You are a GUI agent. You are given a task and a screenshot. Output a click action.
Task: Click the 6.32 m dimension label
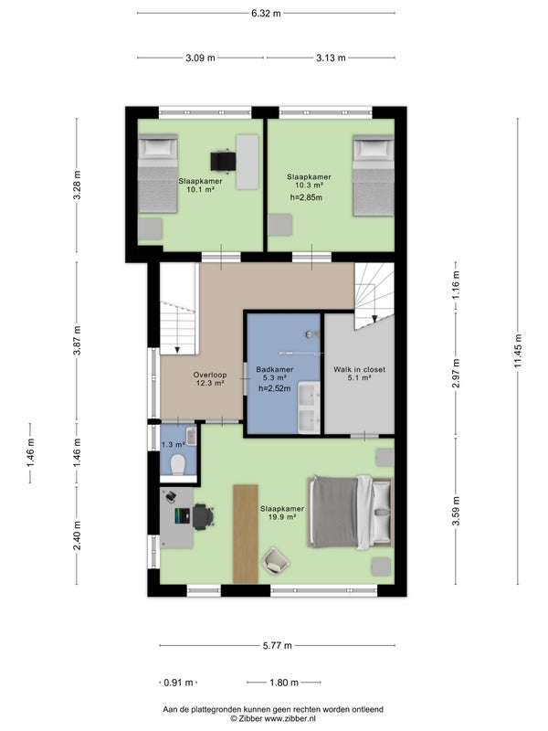(x=266, y=13)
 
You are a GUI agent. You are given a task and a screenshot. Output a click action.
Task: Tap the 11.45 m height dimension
(x=518, y=351)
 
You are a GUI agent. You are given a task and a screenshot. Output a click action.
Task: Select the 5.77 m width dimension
(x=278, y=645)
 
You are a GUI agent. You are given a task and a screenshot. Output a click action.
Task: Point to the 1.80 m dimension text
(x=284, y=683)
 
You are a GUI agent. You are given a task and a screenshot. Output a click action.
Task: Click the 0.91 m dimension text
(x=178, y=683)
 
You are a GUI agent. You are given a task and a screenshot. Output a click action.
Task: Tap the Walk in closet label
(x=359, y=370)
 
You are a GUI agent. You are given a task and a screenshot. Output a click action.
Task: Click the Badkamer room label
(x=275, y=370)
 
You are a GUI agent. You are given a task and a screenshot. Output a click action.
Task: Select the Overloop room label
(x=210, y=375)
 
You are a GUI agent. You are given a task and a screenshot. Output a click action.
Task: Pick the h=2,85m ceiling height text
(x=306, y=197)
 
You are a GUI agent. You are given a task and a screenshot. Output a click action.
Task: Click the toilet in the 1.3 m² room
(x=178, y=465)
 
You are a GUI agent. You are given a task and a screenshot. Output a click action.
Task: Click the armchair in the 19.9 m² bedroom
(x=276, y=560)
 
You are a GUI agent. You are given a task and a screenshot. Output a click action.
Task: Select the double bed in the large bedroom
(x=351, y=512)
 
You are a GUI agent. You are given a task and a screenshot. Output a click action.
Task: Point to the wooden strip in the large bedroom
(x=246, y=534)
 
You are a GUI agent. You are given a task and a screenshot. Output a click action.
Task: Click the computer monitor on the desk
(x=183, y=515)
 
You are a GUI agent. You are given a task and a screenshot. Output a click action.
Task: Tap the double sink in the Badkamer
(x=309, y=408)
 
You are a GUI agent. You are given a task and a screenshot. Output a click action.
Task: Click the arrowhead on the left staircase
(x=177, y=350)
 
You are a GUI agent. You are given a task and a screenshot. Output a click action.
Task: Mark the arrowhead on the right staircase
(x=374, y=319)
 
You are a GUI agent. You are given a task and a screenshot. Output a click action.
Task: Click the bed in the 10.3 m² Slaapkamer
(x=373, y=175)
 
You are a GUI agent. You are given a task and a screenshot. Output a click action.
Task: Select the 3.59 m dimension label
(x=456, y=511)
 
